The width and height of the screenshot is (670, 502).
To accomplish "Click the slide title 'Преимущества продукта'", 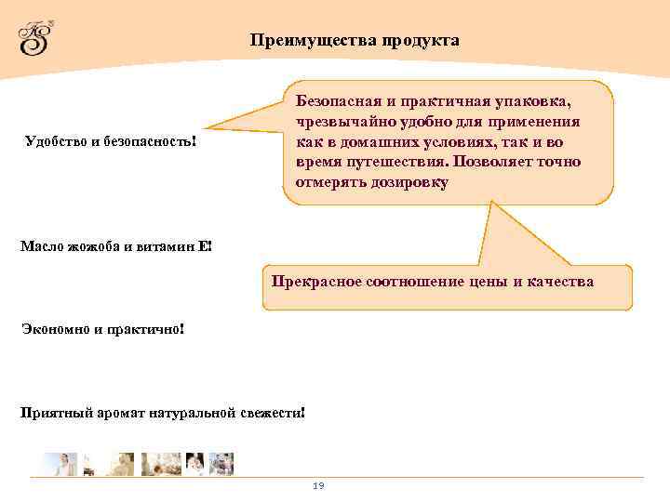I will click(354, 41).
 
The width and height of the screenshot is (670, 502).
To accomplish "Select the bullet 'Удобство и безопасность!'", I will click(111, 142).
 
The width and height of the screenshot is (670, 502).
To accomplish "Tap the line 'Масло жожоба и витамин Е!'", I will click(116, 246).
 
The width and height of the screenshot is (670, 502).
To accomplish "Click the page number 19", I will click(318, 486).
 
